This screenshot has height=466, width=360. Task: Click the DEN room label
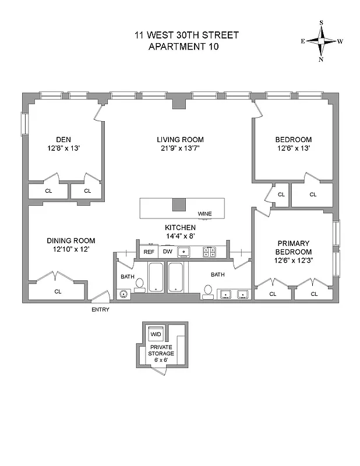(63, 139)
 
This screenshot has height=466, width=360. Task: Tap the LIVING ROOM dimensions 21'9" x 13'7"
(180, 149)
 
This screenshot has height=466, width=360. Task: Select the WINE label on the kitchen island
(204, 214)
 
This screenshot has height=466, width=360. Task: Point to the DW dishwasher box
(167, 252)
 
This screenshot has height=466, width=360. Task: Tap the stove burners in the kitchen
(209, 252)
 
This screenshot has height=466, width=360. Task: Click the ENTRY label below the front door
(100, 309)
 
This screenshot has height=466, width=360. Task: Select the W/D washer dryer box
(156, 335)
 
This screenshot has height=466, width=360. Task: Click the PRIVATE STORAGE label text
(161, 350)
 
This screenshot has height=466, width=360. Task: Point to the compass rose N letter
(321, 59)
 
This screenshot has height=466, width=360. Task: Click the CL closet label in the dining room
(58, 291)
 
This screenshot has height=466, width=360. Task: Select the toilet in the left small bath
(140, 284)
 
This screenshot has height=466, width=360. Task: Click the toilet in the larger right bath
(208, 291)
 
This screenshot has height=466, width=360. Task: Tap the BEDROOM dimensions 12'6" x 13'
(293, 149)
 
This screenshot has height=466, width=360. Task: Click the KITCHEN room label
(180, 227)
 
